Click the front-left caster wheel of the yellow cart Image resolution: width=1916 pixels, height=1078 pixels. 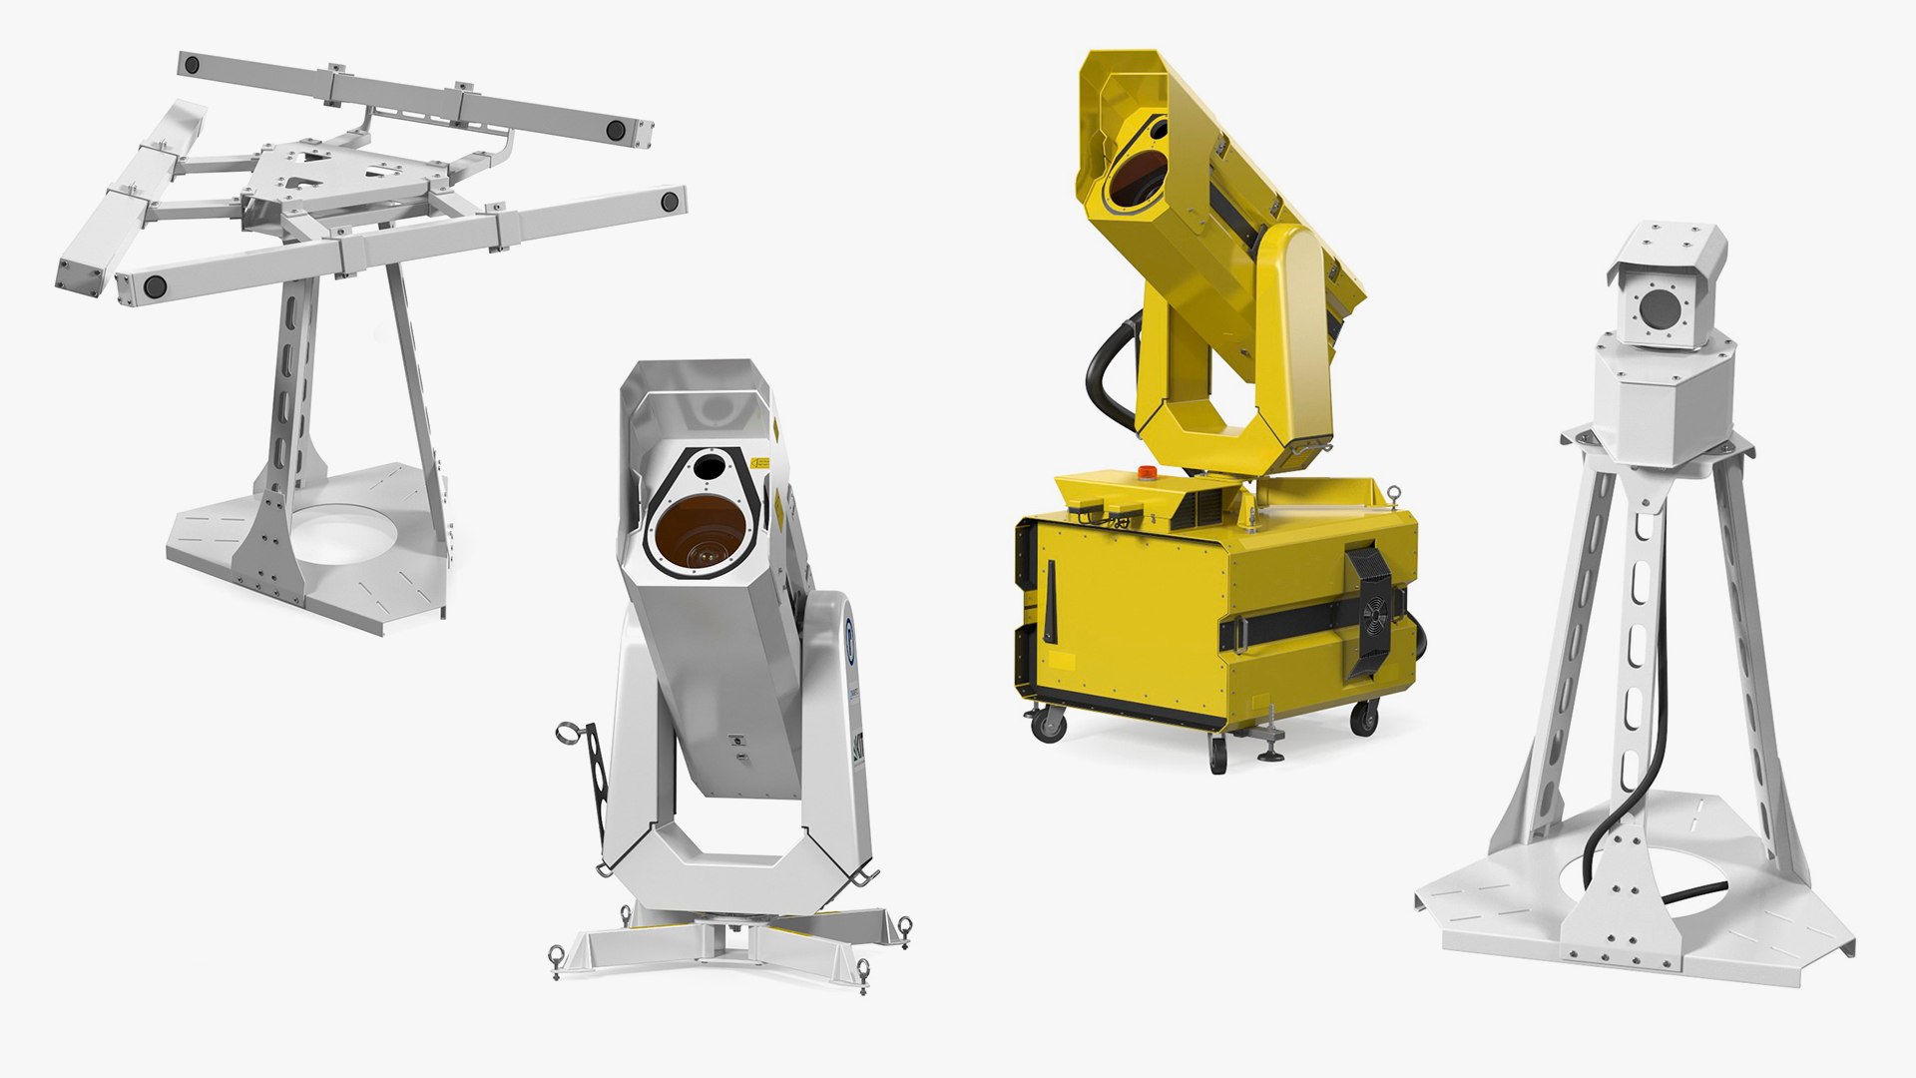1047,724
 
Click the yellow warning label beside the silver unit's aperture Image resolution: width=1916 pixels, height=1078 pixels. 761,464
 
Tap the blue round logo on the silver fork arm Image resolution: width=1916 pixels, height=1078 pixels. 849,637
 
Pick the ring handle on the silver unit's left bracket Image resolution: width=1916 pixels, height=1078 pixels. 570,735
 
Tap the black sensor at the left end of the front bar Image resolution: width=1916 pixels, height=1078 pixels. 155,286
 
